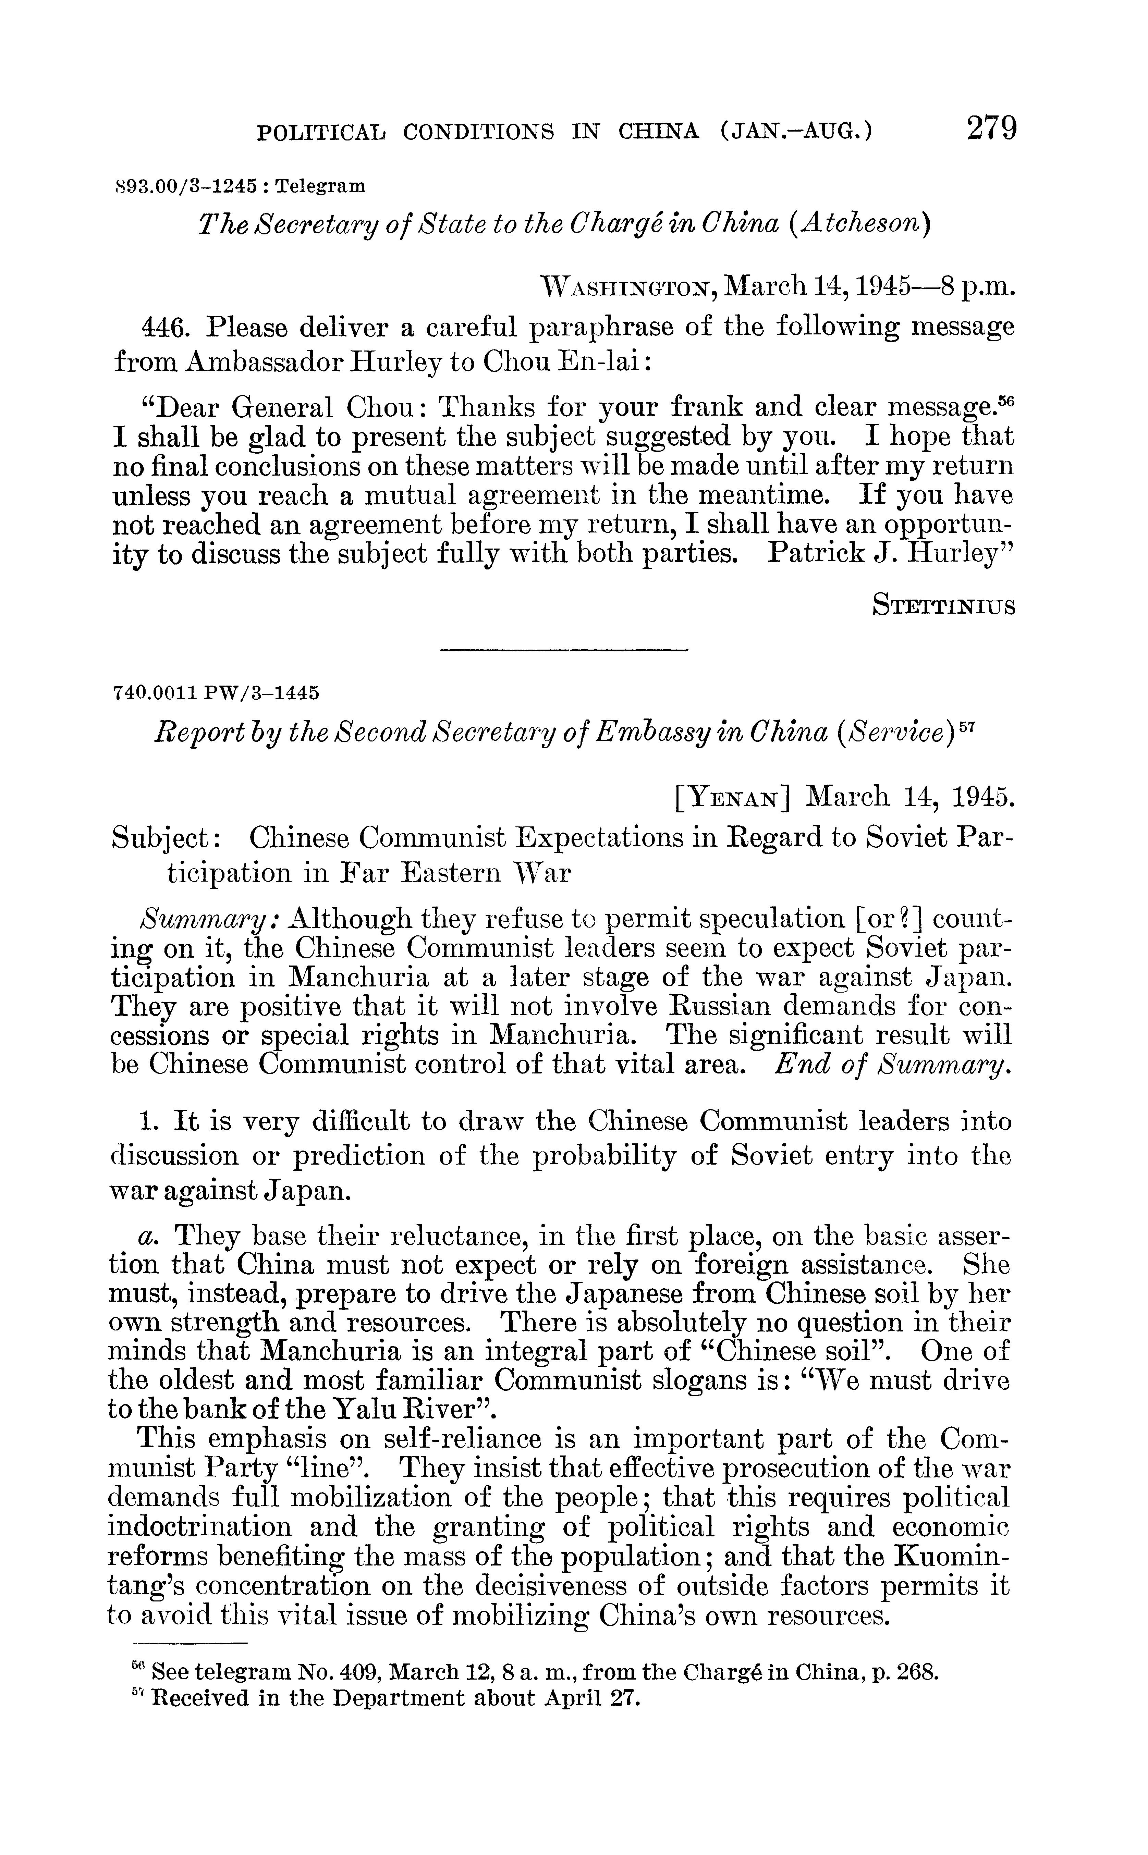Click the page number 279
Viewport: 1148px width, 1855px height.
pos(991,127)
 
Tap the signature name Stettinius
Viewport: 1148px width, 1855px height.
pos(944,606)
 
